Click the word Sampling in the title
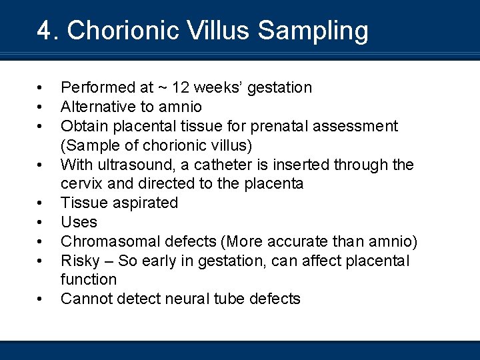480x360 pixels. [313, 31]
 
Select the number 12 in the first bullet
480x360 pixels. [181, 87]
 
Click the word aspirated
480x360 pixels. [147, 203]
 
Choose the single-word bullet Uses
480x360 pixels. [79, 222]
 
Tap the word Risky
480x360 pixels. [79, 261]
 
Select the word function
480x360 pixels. [88, 279]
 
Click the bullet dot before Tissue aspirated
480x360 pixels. [41, 203]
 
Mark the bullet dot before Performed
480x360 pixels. [41, 87]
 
